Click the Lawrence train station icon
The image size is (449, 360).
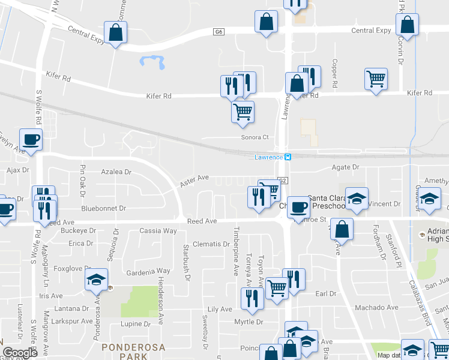(x=288, y=157)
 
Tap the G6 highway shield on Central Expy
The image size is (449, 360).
(x=218, y=31)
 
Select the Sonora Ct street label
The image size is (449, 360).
(x=255, y=137)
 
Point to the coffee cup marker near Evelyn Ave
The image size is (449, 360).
(x=31, y=140)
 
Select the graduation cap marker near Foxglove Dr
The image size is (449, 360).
(x=96, y=280)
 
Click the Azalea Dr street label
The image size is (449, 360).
(x=116, y=172)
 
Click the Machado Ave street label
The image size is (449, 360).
(x=376, y=308)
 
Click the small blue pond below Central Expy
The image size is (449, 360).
(x=152, y=61)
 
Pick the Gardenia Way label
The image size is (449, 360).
(x=148, y=271)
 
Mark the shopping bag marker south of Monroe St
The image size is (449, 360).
(x=341, y=229)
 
